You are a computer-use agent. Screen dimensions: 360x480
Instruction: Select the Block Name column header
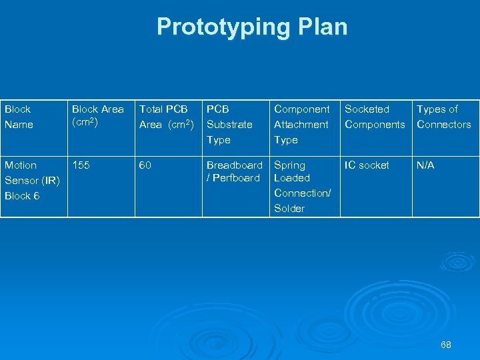click(18, 117)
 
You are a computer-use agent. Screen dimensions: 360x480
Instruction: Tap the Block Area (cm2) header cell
click(98, 115)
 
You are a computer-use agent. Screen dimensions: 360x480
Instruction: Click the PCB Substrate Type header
click(229, 124)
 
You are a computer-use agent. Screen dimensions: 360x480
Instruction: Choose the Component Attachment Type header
click(301, 124)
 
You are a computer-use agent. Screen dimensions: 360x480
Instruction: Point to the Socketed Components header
click(374, 117)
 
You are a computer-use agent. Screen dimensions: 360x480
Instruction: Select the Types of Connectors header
click(443, 117)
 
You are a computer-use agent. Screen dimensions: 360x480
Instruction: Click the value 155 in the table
click(81, 165)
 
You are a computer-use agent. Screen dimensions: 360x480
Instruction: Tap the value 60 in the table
click(145, 165)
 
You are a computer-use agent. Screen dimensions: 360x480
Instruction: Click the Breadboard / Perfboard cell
click(234, 171)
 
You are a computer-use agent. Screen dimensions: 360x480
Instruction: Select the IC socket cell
click(367, 165)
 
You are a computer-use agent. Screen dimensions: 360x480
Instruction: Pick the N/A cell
click(425, 165)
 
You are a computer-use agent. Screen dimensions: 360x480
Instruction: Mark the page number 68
click(445, 345)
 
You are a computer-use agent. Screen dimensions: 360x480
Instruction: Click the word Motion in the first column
click(21, 165)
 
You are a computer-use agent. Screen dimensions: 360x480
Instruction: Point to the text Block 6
click(22, 195)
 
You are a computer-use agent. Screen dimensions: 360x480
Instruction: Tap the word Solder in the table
click(289, 208)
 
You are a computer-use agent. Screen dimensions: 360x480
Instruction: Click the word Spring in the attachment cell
click(290, 165)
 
